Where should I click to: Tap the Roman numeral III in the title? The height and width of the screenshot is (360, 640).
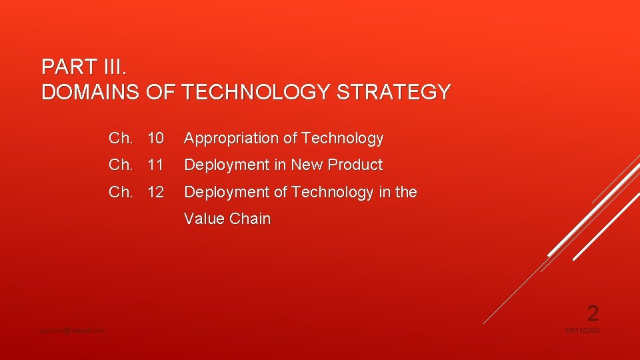click(113, 67)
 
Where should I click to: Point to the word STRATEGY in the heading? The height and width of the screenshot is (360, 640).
click(394, 92)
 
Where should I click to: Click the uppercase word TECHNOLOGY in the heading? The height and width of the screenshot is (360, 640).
click(256, 92)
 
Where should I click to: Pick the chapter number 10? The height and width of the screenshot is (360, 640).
click(155, 139)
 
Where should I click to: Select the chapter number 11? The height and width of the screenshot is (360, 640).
click(155, 165)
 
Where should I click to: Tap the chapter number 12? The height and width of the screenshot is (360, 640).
click(155, 193)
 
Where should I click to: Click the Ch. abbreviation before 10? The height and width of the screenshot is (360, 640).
click(121, 139)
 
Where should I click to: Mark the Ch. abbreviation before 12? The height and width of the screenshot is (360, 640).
click(121, 193)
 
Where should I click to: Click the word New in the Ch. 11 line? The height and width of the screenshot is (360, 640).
click(307, 165)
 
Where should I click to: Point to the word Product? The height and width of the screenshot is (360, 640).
click(357, 165)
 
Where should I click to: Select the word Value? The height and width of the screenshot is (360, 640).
click(204, 219)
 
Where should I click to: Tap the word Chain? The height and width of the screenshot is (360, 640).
click(249, 219)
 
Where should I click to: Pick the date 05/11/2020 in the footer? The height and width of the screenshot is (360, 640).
click(582, 331)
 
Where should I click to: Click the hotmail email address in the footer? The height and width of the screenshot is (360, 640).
click(73, 331)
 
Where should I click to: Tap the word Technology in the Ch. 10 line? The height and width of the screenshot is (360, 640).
click(342, 139)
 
